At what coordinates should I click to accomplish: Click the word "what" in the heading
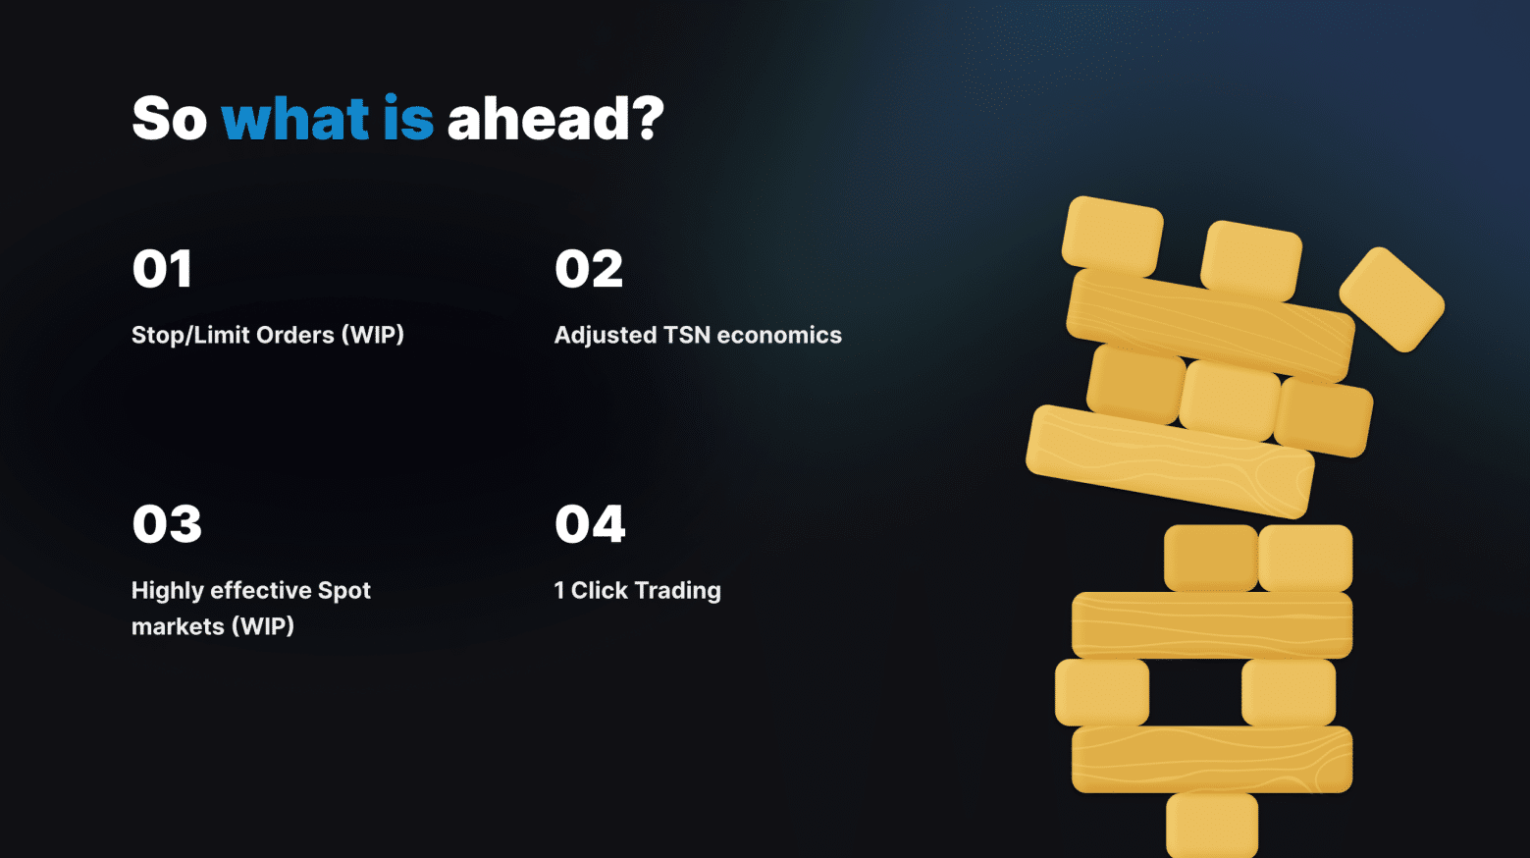click(x=294, y=119)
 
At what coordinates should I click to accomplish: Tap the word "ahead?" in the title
click(x=555, y=118)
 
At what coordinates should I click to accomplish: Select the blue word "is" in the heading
click(x=408, y=118)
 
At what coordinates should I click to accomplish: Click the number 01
click(x=162, y=268)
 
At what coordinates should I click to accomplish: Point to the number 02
click(x=589, y=268)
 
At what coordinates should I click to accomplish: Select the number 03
click(x=167, y=524)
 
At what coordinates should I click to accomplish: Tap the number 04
click(x=590, y=524)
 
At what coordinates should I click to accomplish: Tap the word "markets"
click(x=178, y=626)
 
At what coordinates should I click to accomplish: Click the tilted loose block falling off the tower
click(x=1392, y=299)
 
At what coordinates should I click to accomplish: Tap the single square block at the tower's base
click(x=1212, y=825)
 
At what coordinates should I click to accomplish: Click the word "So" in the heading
click(x=170, y=119)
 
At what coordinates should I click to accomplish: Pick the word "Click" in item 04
click(x=599, y=591)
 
